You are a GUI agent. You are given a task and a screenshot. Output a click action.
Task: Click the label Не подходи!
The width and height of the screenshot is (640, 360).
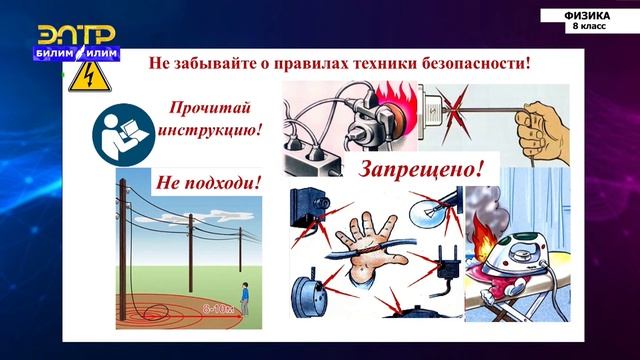tap(207, 182)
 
